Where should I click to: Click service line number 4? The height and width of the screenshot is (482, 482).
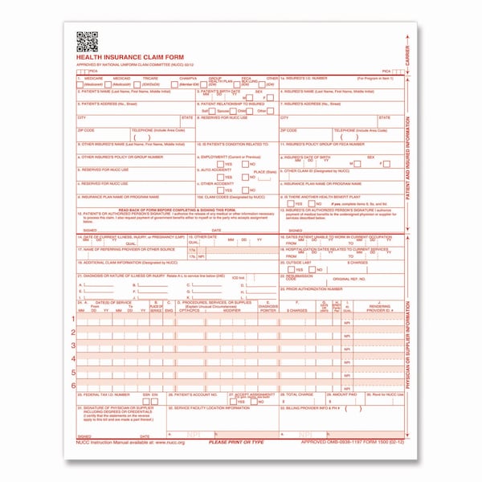click(74, 359)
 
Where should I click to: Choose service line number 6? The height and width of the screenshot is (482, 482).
click(74, 386)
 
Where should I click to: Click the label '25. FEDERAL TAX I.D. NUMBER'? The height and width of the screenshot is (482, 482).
click(104, 395)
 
